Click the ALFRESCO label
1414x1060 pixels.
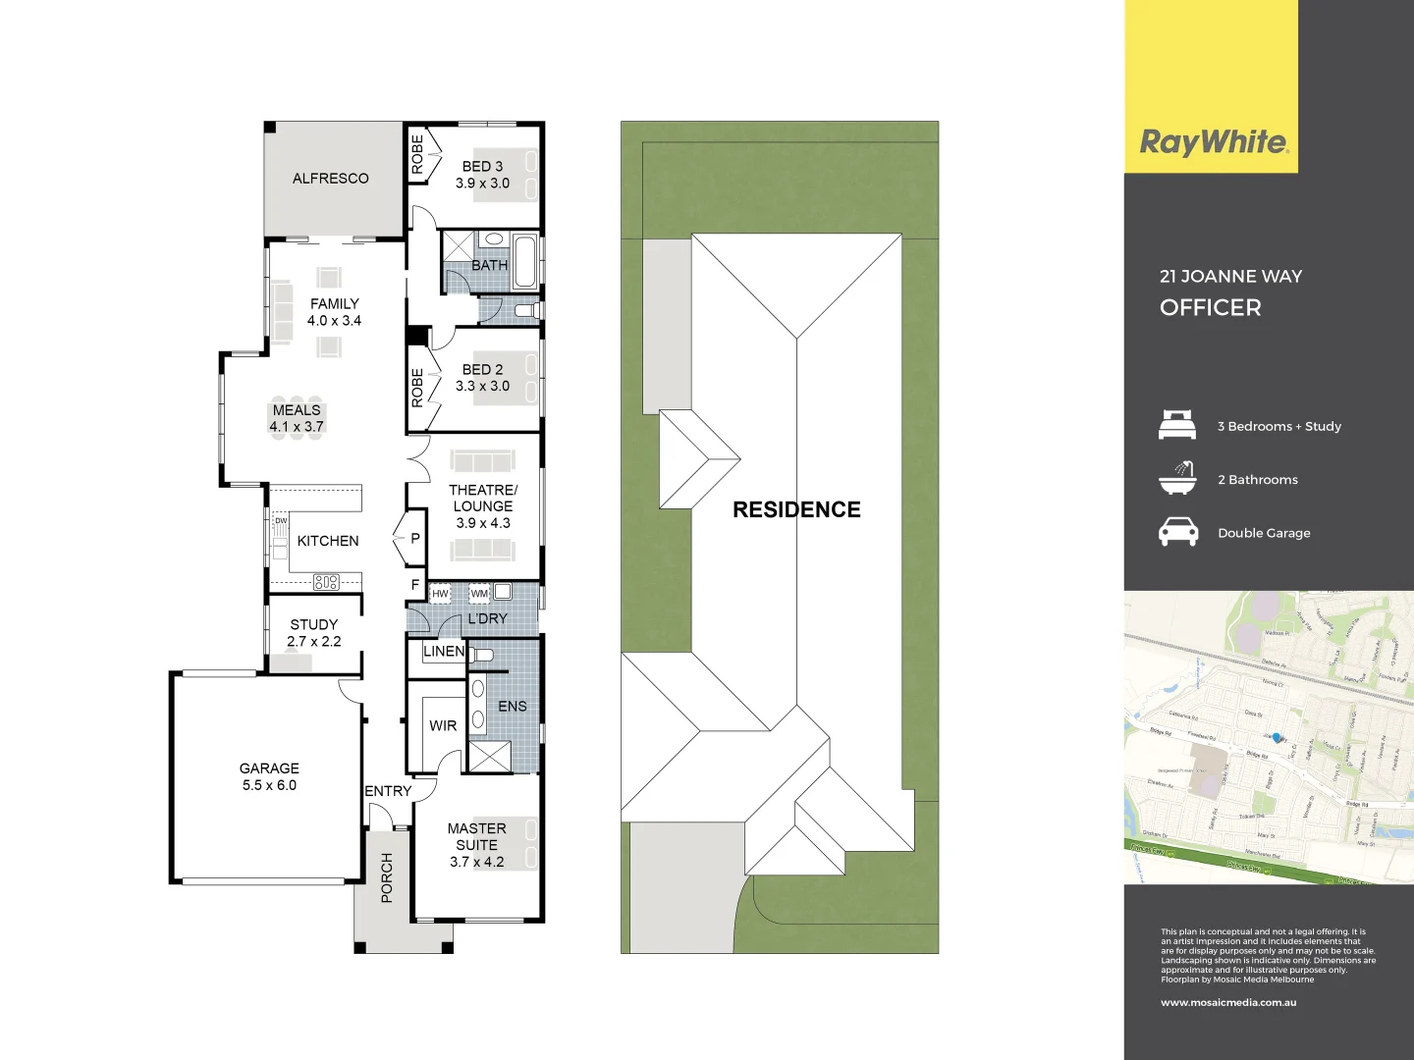click(330, 179)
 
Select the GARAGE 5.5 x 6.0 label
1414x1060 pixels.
click(269, 776)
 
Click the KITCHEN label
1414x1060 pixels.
click(328, 541)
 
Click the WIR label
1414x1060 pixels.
click(443, 725)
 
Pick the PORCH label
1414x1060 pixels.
click(386, 877)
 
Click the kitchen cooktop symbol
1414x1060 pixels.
click(326, 582)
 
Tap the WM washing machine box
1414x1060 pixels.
click(478, 594)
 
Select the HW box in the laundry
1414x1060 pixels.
click(440, 594)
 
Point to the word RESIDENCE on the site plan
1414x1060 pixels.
click(796, 509)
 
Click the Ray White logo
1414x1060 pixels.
click(1214, 143)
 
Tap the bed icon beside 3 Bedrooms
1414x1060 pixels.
click(1177, 425)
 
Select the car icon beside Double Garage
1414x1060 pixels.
click(1178, 532)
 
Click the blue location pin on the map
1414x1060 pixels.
click(1277, 737)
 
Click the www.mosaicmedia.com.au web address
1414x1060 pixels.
click(1228, 1002)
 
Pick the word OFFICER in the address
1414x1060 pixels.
click(1210, 307)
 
